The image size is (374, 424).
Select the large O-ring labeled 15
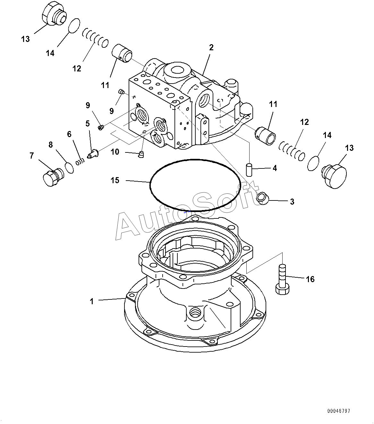click(151, 183)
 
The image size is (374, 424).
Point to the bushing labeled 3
click(263, 198)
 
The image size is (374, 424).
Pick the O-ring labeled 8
click(69, 167)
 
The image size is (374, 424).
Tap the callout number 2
click(211, 48)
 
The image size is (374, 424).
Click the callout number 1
click(92, 301)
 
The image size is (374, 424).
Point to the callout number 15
click(115, 181)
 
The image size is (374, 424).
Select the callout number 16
click(310, 279)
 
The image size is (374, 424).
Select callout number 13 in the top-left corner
click(25, 39)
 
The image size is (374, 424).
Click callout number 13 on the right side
click(349, 148)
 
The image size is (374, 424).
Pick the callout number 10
click(115, 152)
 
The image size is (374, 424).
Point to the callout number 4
click(275, 168)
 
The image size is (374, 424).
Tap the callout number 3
click(292, 202)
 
